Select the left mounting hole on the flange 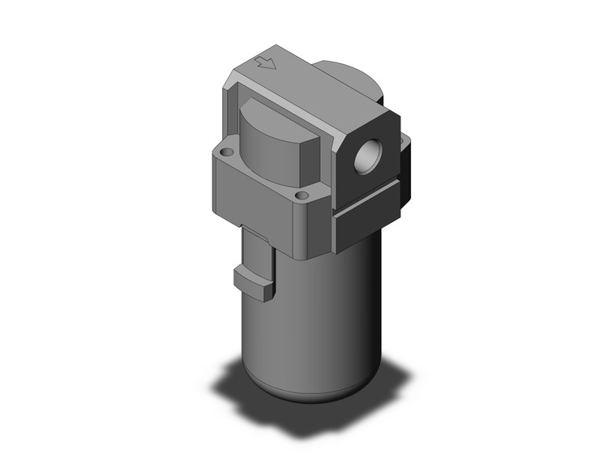click(226, 152)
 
